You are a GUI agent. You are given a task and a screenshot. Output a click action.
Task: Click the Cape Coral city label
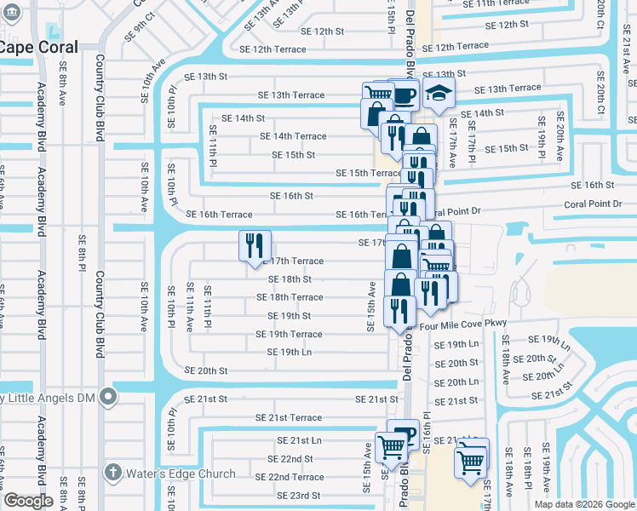coord(39,49)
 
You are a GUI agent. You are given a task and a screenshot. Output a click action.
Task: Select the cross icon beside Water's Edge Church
coord(112,472)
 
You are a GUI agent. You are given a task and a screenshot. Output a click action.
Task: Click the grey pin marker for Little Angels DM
coord(108,396)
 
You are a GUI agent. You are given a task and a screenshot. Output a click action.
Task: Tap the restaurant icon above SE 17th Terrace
coord(255,246)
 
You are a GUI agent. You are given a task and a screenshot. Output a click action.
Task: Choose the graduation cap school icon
coord(439,93)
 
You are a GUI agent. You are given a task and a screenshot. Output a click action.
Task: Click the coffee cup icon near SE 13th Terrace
coord(404,94)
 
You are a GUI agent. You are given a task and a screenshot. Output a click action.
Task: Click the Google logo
coord(27,501)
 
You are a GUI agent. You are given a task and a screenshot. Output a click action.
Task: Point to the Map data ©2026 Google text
coord(583,504)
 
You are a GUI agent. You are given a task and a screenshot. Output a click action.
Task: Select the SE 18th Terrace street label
coord(290,297)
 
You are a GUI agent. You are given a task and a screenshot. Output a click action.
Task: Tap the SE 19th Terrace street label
coord(289,335)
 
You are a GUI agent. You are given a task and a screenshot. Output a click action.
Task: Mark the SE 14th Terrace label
coord(293,136)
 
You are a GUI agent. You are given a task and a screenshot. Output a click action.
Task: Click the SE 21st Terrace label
coord(289,418)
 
